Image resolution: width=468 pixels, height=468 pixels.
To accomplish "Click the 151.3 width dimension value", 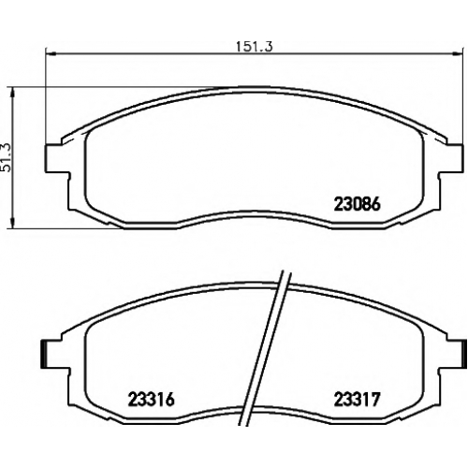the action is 254,47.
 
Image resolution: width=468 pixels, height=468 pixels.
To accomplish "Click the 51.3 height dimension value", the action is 6,157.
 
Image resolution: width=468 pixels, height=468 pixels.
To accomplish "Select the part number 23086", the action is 358,205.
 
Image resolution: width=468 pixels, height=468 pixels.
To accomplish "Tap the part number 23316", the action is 151,400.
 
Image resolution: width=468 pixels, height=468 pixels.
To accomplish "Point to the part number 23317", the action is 358,400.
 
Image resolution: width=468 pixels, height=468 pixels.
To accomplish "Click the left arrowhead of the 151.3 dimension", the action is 51,54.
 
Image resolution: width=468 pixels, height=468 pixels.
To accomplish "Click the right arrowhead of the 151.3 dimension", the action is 456,54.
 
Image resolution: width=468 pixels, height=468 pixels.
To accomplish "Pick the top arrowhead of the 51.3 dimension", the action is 12,92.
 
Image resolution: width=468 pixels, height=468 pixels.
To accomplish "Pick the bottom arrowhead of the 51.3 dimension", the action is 12,224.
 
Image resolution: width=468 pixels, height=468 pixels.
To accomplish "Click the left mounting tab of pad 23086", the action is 57,158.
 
